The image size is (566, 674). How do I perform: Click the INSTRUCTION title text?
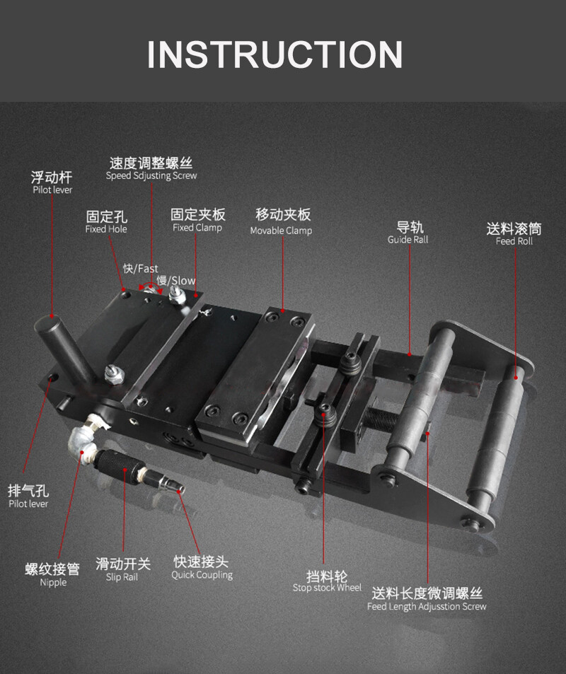tap(275, 54)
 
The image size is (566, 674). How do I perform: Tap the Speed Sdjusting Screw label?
tap(151, 175)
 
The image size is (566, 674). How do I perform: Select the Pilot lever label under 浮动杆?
tap(52, 190)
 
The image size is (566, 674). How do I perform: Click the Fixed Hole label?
tap(106, 229)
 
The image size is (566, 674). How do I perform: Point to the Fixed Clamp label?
tap(197, 228)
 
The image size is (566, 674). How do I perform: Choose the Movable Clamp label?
tap(281, 231)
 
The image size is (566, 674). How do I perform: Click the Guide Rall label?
tap(408, 240)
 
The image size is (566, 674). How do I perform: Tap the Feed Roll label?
tap(514, 241)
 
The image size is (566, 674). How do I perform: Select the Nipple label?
tap(53, 582)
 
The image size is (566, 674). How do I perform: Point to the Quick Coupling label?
tap(202, 575)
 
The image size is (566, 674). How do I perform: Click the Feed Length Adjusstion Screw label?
tap(427, 606)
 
